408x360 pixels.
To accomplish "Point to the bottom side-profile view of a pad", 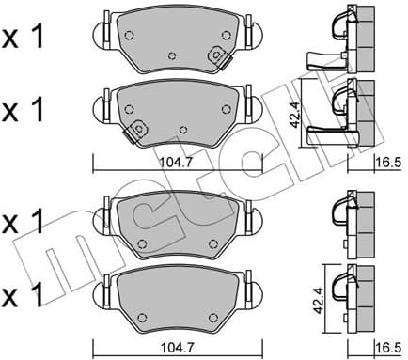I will [x=353, y=295].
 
